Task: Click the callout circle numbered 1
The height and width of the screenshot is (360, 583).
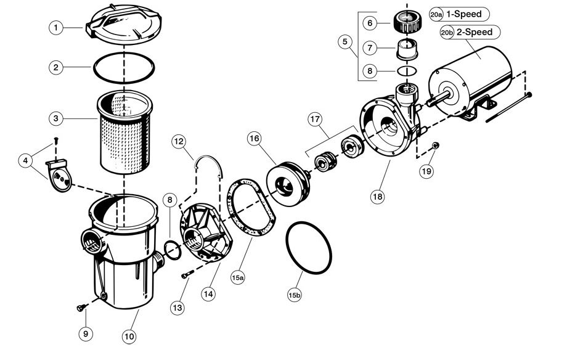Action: (x=56, y=28)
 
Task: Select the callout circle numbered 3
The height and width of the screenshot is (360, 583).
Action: (x=56, y=117)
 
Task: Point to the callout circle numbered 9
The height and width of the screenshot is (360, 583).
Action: (x=85, y=333)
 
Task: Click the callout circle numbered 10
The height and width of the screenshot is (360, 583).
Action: (x=129, y=337)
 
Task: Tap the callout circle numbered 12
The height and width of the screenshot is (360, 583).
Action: (x=179, y=143)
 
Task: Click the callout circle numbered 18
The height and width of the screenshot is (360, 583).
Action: (x=377, y=197)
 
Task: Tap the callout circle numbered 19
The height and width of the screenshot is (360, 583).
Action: (x=426, y=172)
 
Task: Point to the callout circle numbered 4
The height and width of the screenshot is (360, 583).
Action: (x=25, y=162)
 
